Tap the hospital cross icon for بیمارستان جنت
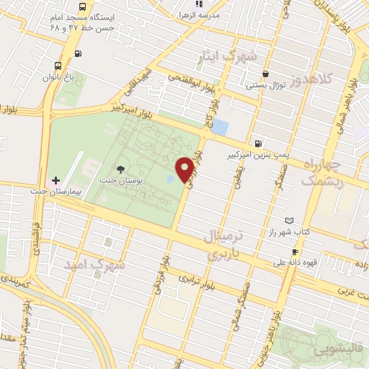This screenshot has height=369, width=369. (x=55, y=179)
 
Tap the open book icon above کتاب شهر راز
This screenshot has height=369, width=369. (x=290, y=220)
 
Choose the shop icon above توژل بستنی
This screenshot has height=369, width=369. (x=266, y=74)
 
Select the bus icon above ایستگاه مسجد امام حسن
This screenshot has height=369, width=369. (x=78, y=53)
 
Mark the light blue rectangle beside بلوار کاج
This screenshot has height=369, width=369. (x=219, y=128)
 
